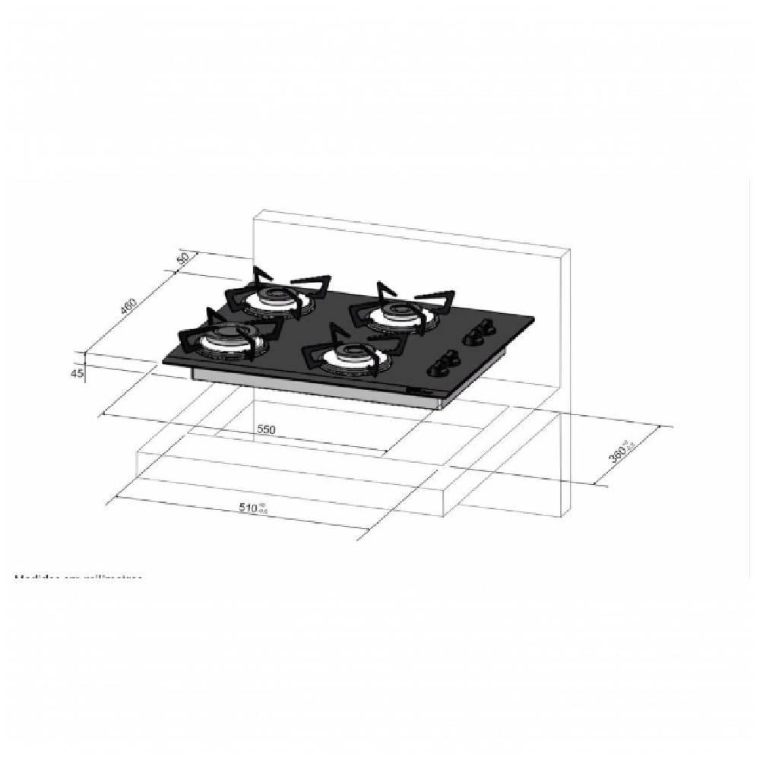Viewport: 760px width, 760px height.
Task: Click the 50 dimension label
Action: [182, 258]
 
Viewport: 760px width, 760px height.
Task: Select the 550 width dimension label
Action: [265, 429]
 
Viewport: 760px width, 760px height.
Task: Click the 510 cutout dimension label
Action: [250, 508]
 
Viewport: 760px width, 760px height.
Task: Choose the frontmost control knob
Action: [439, 369]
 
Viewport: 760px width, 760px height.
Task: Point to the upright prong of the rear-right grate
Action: [380, 288]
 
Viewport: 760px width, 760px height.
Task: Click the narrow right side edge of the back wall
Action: [565, 380]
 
